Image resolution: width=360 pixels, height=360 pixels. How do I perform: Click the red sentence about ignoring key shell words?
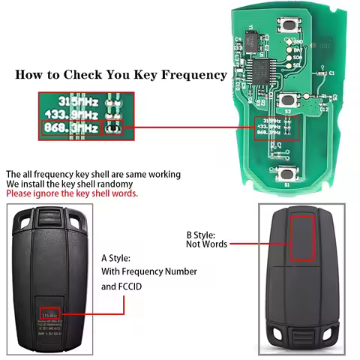pos(72,193)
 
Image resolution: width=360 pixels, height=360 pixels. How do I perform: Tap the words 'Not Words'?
pos(206,244)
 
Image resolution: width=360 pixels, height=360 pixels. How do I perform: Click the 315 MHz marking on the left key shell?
pos(49,315)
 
